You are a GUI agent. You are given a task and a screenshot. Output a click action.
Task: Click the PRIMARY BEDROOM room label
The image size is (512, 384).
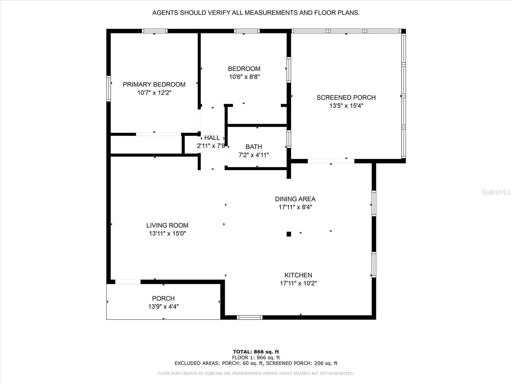(x=154, y=84)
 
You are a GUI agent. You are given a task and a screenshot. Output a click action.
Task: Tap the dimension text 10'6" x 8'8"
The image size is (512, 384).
(x=244, y=77)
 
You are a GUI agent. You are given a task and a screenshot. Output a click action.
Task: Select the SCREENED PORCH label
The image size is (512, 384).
(x=346, y=98)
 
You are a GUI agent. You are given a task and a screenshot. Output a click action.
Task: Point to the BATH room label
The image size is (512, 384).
(x=254, y=147)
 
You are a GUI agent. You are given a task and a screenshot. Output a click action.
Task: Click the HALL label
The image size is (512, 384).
(x=212, y=138)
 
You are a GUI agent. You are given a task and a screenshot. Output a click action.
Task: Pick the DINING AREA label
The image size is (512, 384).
(x=295, y=199)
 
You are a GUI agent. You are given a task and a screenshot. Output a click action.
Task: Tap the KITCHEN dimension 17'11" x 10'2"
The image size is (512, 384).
(x=298, y=283)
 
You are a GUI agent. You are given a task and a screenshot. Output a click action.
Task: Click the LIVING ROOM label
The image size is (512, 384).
(x=167, y=225)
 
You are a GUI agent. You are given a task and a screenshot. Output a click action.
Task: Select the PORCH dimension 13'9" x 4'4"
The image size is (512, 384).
(x=163, y=307)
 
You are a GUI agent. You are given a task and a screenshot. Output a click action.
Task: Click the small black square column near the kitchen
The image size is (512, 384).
(x=289, y=234)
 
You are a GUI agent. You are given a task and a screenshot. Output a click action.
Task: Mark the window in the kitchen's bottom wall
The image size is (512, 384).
(x=250, y=317)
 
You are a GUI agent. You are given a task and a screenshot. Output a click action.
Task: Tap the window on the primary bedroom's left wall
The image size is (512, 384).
(x=108, y=89)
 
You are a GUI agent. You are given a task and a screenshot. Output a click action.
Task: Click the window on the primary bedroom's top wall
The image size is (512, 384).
(x=155, y=31)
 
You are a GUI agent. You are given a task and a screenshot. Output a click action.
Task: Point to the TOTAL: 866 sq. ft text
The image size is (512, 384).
(x=256, y=352)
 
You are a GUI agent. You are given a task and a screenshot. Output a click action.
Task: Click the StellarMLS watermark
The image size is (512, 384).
(x=496, y=192)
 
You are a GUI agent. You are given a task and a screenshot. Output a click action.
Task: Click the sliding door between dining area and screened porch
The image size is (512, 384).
(x=331, y=161)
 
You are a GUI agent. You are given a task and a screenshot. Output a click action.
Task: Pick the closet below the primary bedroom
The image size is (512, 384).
(x=146, y=145)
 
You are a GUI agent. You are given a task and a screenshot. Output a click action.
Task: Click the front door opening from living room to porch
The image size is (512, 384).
(x=128, y=282)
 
